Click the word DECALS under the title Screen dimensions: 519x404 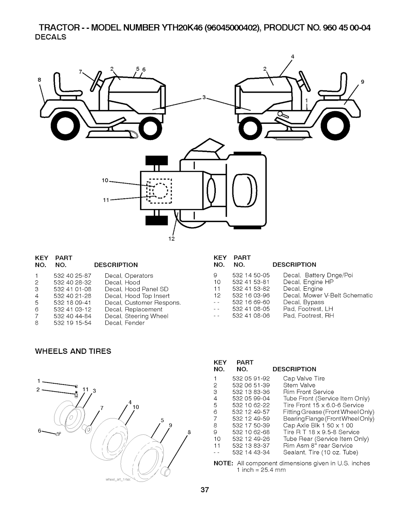[x=50, y=37]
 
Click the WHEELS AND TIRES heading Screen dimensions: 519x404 [x=73, y=351]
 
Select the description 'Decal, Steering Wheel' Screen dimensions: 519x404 [x=137, y=316]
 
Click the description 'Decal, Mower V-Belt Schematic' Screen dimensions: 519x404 [x=328, y=295]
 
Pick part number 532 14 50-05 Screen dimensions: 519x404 [x=251, y=275]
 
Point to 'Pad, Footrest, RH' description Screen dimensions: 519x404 [x=309, y=316]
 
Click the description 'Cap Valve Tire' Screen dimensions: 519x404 [x=304, y=379]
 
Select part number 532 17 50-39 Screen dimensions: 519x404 [x=251, y=426]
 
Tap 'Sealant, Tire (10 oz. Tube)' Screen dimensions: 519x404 [x=320, y=452]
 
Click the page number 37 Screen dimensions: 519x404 [x=204, y=490]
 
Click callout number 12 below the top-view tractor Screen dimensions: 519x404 [x=172, y=239]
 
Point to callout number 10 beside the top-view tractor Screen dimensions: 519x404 [x=105, y=180]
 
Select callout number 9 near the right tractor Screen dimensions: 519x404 [x=362, y=82]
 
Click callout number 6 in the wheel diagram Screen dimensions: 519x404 [x=40, y=431]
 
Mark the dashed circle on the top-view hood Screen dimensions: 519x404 [x=160, y=191]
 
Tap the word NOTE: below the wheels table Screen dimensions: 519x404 [x=223, y=463]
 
